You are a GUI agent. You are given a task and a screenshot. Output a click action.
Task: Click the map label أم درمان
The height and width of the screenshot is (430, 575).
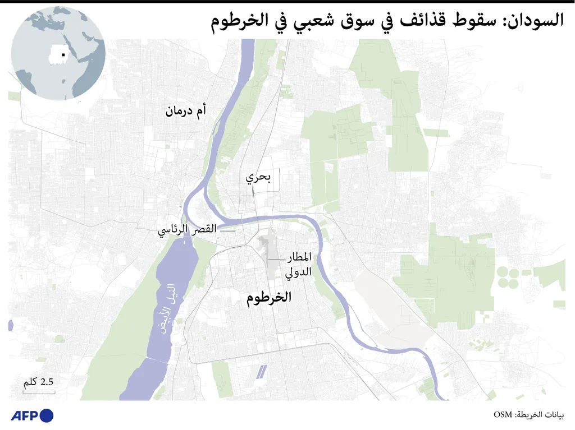tap(185, 110)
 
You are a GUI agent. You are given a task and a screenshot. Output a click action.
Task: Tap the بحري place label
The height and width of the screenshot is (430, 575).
tap(258, 178)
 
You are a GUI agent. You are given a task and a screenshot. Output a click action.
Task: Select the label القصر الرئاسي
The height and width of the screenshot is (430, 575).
tap(187, 230)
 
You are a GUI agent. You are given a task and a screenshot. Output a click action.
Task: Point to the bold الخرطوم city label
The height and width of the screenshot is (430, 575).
tap(270, 298)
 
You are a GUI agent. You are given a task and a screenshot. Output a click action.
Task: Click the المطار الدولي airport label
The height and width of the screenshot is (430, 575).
tap(299, 266)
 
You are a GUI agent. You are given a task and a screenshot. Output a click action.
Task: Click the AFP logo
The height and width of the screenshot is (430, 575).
tap(32, 415)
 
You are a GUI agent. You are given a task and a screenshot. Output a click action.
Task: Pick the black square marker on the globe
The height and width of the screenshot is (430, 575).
tap(63, 54)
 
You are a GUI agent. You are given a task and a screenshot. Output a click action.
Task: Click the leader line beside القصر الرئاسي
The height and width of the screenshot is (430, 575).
tap(226, 230)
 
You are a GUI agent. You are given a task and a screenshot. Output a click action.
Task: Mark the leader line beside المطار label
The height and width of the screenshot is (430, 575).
tap(277, 260)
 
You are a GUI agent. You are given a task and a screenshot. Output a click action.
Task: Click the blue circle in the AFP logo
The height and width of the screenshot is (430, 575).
tap(47, 415)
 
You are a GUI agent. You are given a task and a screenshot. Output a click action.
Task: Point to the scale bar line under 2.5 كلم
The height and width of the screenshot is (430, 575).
tap(39, 392)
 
